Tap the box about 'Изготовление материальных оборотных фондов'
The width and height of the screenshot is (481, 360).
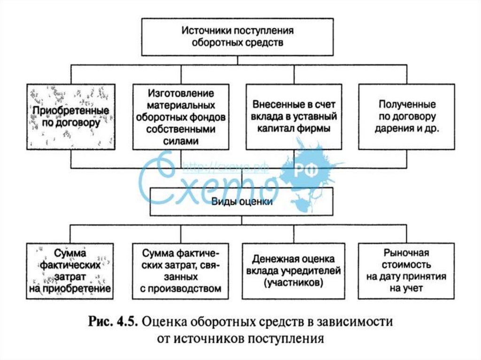[180, 116]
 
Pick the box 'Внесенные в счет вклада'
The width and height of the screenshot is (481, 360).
[294, 116]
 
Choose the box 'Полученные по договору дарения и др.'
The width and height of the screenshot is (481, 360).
[406, 116]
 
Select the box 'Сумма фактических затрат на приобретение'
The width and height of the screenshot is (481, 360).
[70, 271]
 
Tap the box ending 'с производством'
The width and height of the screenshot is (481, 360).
[180, 271]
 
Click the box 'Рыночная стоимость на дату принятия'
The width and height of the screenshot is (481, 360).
[406, 271]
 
